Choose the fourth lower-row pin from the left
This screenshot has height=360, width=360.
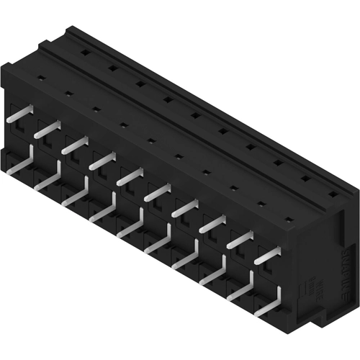pyautogui.click(x=103, y=210)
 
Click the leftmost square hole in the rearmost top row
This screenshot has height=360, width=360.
pyautogui.click(x=86, y=53)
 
